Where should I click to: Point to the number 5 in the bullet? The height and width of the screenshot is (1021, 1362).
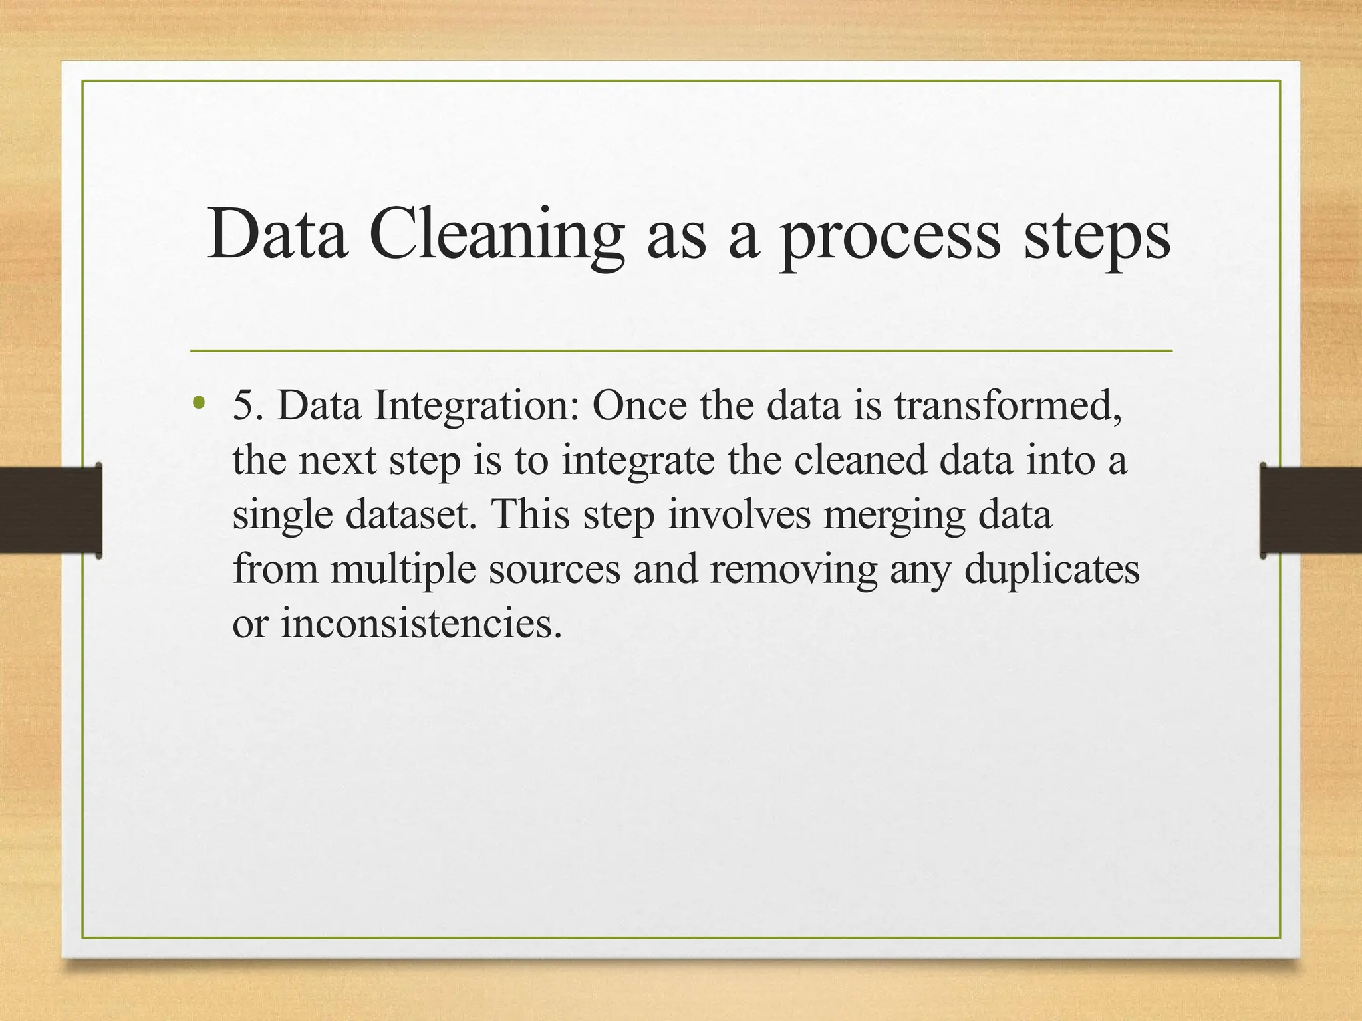point(243,405)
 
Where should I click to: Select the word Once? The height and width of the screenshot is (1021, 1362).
point(639,405)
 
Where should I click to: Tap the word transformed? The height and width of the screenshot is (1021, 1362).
point(1008,405)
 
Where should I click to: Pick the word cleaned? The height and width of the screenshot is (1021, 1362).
point(861,460)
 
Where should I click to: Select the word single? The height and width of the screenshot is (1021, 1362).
point(282,516)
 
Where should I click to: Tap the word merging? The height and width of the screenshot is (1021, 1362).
point(894,516)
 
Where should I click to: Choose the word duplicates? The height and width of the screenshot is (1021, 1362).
point(1051,570)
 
